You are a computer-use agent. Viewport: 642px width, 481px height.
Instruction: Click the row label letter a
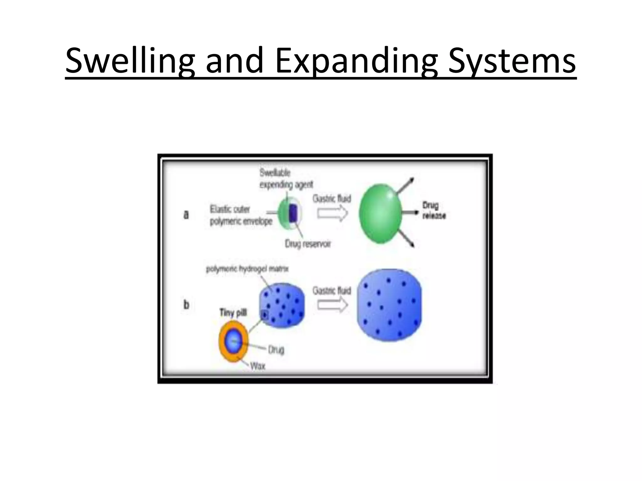pos(186,215)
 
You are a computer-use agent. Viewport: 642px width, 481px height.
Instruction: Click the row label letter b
pos(186,304)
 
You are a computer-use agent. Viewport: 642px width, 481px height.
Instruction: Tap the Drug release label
pos(434,210)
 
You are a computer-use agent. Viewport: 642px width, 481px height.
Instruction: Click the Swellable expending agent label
pos(286,179)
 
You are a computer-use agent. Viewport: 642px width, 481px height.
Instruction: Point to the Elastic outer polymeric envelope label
pos(240,215)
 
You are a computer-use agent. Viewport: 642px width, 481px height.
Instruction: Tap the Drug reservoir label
pos(308,244)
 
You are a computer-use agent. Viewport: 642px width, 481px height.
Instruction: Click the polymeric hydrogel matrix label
pos(247,269)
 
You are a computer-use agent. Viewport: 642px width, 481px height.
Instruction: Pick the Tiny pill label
pos(233,313)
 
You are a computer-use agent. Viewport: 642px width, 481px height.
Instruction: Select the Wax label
pos(258,365)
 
